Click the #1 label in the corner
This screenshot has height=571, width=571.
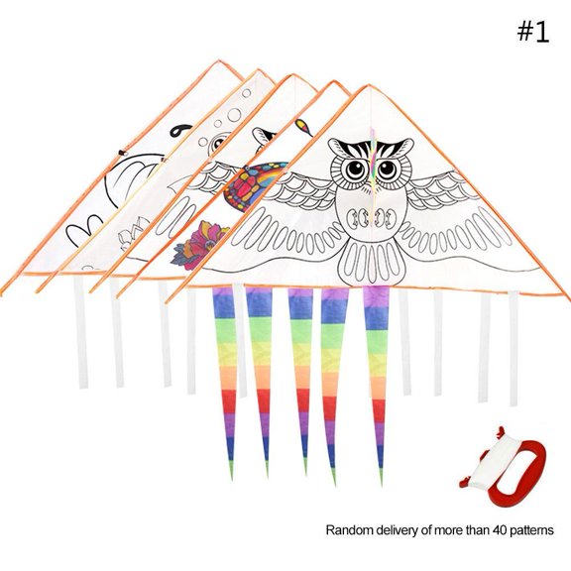532,32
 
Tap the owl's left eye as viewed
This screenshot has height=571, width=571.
354,166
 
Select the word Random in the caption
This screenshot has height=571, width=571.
349,530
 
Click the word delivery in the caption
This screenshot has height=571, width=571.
399,530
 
